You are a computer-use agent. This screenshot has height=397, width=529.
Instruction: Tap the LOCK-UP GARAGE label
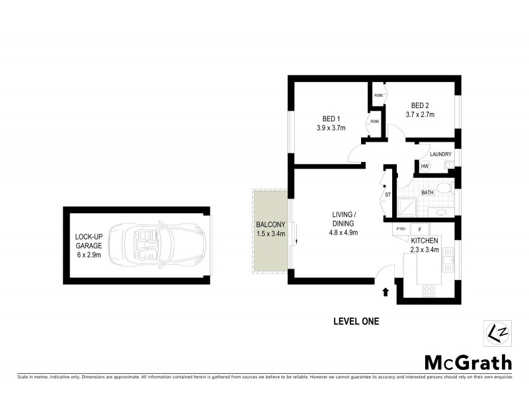coord(89,243)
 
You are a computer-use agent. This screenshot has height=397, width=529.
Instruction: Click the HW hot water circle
coord(425,167)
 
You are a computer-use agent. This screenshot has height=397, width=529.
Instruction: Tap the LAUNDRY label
coord(440,154)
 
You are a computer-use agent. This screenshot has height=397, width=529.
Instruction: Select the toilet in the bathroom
coord(446,192)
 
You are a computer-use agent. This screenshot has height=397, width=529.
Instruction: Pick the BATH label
coord(427,193)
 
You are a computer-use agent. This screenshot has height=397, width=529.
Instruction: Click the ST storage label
coord(388,195)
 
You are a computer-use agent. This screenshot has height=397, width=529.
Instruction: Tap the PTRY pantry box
coord(401,229)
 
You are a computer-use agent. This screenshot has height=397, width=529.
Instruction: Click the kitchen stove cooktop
coord(428,290)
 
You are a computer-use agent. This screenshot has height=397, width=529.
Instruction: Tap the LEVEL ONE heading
coord(356,322)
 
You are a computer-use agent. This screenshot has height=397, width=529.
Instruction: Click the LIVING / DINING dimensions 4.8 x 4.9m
coord(344,232)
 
